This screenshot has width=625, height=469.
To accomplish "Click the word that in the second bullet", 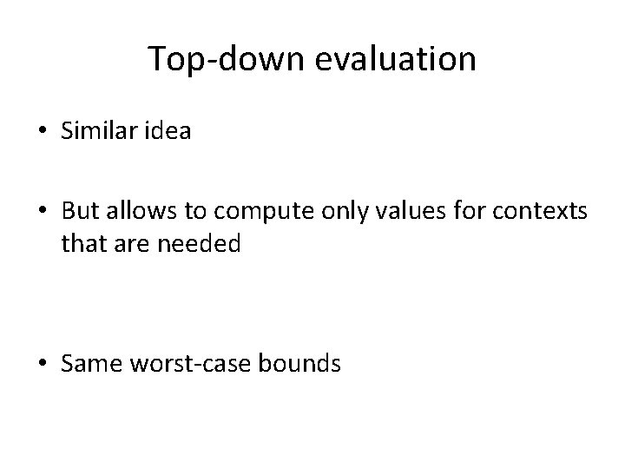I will (x=82, y=246).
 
